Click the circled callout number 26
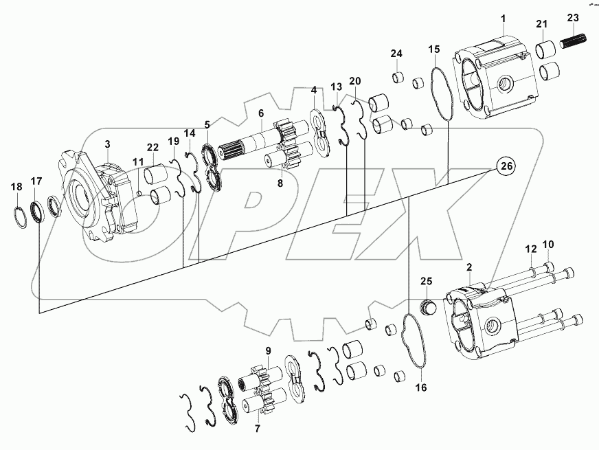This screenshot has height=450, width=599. [506, 166]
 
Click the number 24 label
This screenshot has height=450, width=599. [397, 54]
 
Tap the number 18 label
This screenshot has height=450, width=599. [16, 186]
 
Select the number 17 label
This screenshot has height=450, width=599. [36, 181]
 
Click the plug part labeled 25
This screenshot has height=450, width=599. [428, 306]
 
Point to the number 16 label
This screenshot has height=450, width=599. [421, 387]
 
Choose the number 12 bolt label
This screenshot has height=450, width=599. [530, 249]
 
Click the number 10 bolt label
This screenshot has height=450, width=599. [547, 245]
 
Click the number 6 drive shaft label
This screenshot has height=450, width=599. [260, 113]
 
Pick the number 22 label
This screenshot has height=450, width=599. [152, 147]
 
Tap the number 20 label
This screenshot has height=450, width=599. [354, 81]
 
